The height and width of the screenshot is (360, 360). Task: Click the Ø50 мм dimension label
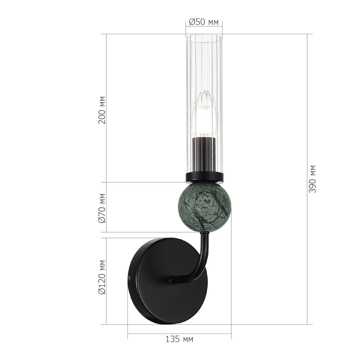coord(204,22)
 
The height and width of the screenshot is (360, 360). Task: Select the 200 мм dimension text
coord(102,110)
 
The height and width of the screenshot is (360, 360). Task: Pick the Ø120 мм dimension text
coord(102,281)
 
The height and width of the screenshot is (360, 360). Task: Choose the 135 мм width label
coord(179,339)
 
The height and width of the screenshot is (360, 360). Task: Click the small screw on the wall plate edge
coord(130,278)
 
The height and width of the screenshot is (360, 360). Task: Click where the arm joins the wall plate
coord(173,280)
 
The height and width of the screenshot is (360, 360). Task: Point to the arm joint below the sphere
coord(205,232)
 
